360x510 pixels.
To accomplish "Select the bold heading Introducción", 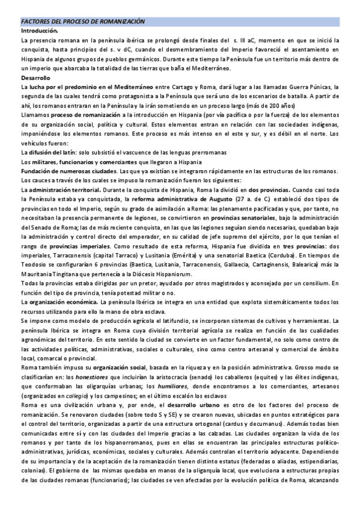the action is pyautogui.click(x=40, y=30).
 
